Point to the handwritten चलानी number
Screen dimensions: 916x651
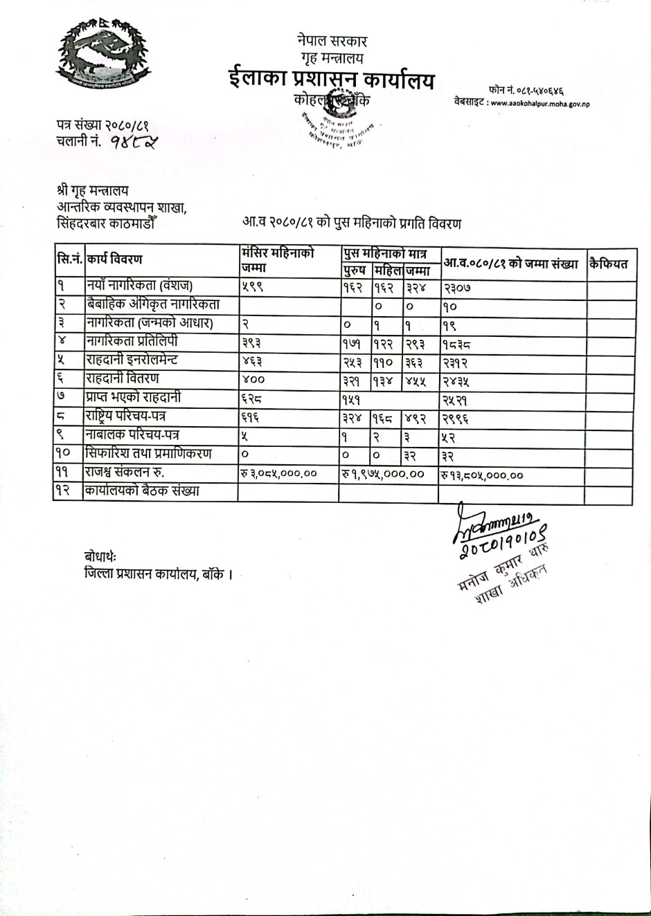[x=133, y=143]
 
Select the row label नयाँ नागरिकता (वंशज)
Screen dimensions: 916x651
[x=139, y=285]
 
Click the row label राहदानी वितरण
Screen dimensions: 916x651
[x=123, y=378]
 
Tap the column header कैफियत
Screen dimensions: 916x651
[x=609, y=264]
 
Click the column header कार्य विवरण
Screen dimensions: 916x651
[x=115, y=259]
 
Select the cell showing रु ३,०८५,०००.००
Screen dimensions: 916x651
[x=279, y=473]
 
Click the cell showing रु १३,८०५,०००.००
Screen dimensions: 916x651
[x=482, y=475]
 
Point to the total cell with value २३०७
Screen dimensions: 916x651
[x=456, y=287]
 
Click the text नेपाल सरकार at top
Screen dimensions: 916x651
[x=332, y=42]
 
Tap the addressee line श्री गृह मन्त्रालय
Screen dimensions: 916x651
[x=92, y=190]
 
